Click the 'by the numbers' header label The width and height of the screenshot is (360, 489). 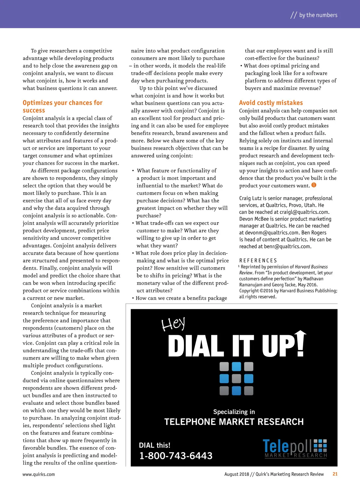318,15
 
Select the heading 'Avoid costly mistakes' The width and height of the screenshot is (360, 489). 271,103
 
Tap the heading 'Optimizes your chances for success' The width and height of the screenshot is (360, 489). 62,106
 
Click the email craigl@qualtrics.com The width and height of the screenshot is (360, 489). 304,212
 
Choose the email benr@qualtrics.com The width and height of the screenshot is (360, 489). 287,246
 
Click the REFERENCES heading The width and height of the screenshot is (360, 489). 258,261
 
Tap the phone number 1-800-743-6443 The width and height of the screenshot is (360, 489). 176,456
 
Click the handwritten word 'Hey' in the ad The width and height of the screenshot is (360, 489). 173,324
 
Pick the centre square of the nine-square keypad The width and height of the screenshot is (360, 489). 236,379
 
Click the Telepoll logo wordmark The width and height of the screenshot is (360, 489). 287,446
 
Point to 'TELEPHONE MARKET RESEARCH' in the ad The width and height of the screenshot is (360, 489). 234,422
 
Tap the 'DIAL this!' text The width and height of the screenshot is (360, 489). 154,445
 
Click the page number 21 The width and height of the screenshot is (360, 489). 335,474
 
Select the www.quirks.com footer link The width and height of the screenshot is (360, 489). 39,474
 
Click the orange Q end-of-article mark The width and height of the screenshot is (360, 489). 314,185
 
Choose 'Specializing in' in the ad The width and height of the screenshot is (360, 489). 234,412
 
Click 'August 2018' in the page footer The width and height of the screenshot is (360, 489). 237,474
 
